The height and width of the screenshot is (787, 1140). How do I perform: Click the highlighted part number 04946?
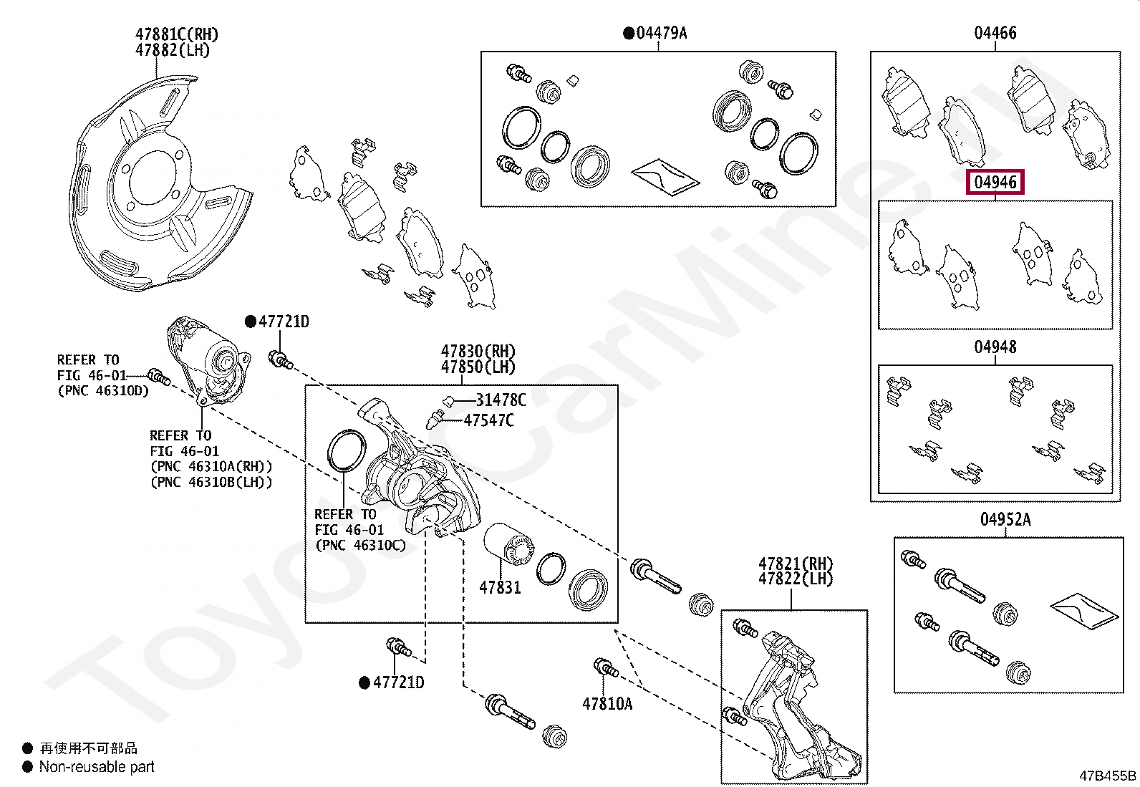click(x=995, y=182)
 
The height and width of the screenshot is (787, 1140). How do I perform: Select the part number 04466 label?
click(x=995, y=33)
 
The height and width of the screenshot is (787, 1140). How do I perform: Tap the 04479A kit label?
click(x=660, y=33)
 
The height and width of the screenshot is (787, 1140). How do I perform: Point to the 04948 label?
click(x=995, y=347)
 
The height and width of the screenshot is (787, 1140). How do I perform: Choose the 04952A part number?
click(x=1005, y=520)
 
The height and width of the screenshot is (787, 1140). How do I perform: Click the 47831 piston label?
click(x=500, y=588)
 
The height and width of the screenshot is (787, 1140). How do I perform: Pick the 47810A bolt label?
click(x=607, y=704)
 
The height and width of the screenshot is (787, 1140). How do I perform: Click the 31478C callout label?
click(x=501, y=400)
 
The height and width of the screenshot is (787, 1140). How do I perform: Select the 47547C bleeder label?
click(x=488, y=420)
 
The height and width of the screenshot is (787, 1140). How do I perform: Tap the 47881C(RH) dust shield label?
click(x=177, y=34)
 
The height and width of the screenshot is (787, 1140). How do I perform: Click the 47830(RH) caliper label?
click(x=478, y=352)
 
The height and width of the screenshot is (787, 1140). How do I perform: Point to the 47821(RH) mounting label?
click(x=796, y=564)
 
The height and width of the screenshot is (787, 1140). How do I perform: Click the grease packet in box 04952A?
click(x=1083, y=610)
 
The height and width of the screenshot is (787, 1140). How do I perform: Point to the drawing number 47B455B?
click(x=1107, y=776)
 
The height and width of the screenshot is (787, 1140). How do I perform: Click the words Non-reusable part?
click(x=97, y=767)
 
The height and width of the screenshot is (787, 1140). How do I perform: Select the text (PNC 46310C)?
click(x=360, y=546)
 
